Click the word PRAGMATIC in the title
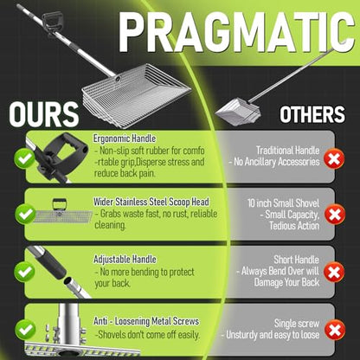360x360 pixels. pos(236,32)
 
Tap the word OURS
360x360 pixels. pos(44,114)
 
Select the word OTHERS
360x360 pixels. pos(312,114)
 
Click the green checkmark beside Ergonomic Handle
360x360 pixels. pos(25,158)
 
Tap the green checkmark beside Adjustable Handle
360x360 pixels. pos(25,272)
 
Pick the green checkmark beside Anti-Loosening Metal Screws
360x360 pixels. pos(25,330)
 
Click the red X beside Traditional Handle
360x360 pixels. pos(334,158)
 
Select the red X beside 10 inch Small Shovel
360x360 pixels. pos(335,215)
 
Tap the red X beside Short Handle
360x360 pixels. pos(334,272)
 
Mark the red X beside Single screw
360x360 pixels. pos(335,330)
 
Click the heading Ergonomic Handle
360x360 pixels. pos(125,138)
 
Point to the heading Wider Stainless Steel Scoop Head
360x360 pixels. pos(151,202)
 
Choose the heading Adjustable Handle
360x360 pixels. pos(125,259)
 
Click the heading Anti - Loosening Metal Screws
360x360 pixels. pos(146,321)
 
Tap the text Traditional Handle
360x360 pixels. pos(287,151)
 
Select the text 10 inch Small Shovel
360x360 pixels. pos(283,203)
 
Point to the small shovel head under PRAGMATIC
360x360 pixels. pos(238,111)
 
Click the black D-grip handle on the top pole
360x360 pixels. pos(52,22)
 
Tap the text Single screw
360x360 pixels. pos(297,324)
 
